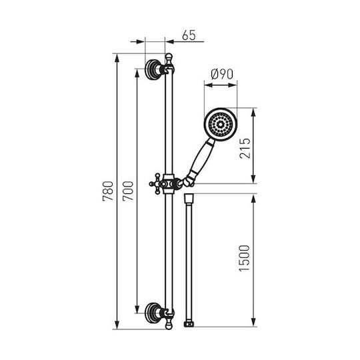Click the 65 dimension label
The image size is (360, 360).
189,35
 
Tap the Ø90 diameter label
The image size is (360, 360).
222,74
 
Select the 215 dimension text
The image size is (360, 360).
245,148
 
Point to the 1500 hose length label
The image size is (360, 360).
244,259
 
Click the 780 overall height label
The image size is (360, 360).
108,191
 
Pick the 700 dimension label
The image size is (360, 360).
128,191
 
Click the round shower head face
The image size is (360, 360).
221,125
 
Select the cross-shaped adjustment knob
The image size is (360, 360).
157,184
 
